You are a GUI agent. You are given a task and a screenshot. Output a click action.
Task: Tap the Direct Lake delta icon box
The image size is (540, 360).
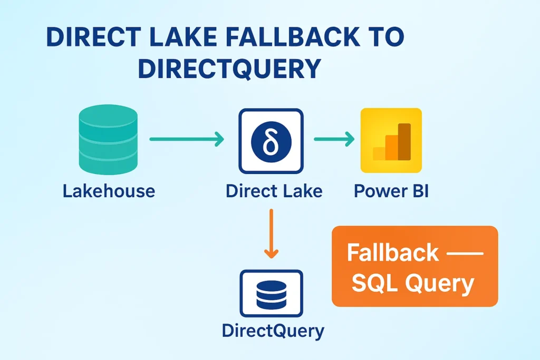click(271, 141)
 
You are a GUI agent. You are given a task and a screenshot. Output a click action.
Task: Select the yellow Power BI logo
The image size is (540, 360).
click(391, 140)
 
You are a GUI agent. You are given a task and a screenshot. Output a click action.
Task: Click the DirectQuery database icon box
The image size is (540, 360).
click(271, 292)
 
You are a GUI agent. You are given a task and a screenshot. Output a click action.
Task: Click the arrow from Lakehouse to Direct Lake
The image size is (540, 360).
click(187, 139)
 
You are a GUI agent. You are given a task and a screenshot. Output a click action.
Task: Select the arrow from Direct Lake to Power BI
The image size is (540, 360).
click(334, 139)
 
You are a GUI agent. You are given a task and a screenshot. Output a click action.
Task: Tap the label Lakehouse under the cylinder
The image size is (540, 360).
click(109, 190)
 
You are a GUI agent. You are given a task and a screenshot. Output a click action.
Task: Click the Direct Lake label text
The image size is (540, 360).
click(274, 190)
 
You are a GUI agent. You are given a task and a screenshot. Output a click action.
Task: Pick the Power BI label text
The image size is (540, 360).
click(391, 190)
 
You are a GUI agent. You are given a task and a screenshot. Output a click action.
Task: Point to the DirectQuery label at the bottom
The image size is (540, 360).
click(273, 330)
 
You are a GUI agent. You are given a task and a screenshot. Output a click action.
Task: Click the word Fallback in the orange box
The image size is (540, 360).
click(392, 253)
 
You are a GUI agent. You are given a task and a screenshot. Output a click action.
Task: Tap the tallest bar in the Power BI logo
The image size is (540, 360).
click(404, 141)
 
